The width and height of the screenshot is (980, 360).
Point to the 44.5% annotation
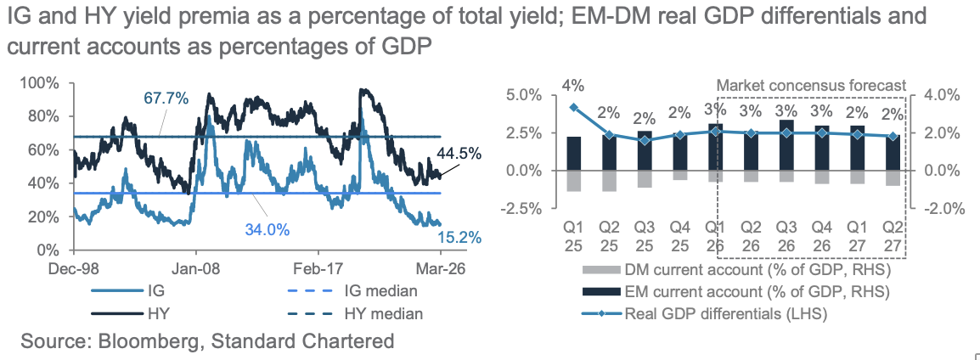459,154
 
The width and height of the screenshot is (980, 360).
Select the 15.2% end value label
461,238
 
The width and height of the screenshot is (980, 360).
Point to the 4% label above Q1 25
572,85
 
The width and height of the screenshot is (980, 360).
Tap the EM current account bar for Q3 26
786,145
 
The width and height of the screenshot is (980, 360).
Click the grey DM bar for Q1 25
574,180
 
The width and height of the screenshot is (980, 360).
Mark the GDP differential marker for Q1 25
574,108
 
